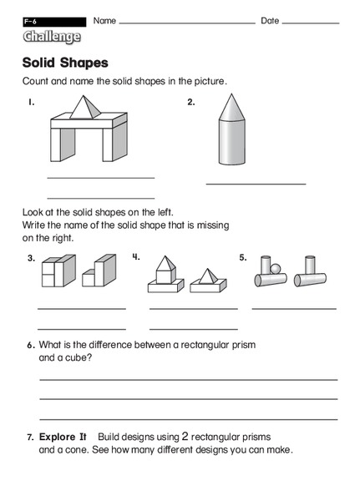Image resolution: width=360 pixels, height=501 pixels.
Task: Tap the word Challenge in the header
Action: (52, 37)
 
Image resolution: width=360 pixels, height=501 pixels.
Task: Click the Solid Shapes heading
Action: (65, 63)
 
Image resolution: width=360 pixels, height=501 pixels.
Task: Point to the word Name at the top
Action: (104, 20)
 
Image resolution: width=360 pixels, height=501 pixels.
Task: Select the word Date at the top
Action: (270, 20)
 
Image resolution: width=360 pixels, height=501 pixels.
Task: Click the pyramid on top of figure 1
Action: (86, 108)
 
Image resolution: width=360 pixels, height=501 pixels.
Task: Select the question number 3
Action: (31, 258)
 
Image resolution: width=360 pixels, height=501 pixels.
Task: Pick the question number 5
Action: (243, 257)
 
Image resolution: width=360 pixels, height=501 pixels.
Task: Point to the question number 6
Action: (30, 345)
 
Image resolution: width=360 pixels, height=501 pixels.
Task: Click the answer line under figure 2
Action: (256, 184)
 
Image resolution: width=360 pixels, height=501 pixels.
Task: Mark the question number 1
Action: (30, 103)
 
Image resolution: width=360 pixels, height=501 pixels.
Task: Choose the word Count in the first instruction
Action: (35, 82)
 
